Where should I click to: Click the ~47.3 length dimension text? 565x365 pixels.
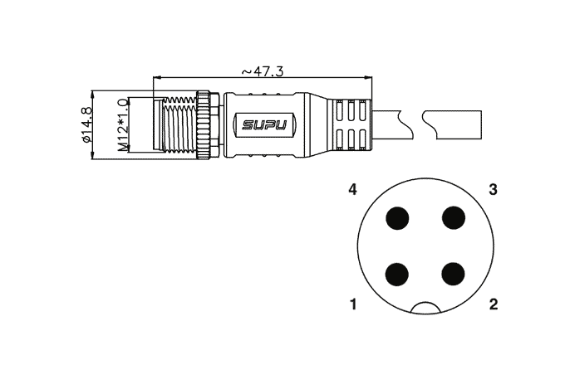[x=263, y=71]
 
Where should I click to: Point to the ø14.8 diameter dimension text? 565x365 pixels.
[x=87, y=124]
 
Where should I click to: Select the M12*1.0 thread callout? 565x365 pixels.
[x=123, y=124]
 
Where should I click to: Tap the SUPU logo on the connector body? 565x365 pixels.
[x=264, y=124]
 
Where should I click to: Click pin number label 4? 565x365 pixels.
[x=353, y=189]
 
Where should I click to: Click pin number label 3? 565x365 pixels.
[x=493, y=189]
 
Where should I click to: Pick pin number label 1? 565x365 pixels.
[x=353, y=304]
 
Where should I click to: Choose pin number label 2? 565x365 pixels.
[x=494, y=304]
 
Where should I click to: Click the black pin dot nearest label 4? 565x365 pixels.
[x=397, y=218]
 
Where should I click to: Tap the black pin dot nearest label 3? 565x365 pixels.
[x=454, y=218]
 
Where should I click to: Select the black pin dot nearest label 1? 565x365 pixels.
[x=397, y=275]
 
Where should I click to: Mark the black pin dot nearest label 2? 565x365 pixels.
[x=453, y=274]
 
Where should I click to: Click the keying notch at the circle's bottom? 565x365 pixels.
[x=425, y=303]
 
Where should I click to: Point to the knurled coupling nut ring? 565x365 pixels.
[x=204, y=124]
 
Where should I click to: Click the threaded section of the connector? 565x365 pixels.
[x=179, y=124]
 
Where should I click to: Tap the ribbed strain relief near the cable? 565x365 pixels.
[x=348, y=124]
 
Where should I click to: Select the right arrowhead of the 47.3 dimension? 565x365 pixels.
[x=368, y=77]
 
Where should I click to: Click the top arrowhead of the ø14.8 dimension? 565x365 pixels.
[x=93, y=95]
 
